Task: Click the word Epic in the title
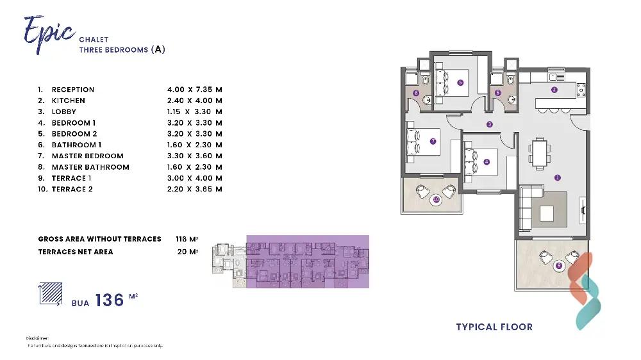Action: click(48, 30)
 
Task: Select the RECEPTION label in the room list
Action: click(73, 90)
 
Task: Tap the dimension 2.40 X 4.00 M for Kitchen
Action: click(194, 101)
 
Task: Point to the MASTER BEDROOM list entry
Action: click(87, 156)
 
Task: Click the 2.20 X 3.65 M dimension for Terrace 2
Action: click(194, 189)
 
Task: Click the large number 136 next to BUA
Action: click(110, 300)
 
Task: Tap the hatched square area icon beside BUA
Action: click(51, 294)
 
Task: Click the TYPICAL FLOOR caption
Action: click(494, 327)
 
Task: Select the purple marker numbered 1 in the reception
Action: click(557, 177)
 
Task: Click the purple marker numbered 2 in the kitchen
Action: click(554, 90)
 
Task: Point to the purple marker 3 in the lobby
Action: click(489, 124)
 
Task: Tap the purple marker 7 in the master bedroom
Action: click(433, 142)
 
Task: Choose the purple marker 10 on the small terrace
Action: click(436, 199)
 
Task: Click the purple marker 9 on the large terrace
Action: click(558, 265)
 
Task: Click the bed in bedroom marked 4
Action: click(476, 160)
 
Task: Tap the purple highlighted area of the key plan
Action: click(308, 261)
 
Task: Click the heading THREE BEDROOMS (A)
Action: click(122, 49)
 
